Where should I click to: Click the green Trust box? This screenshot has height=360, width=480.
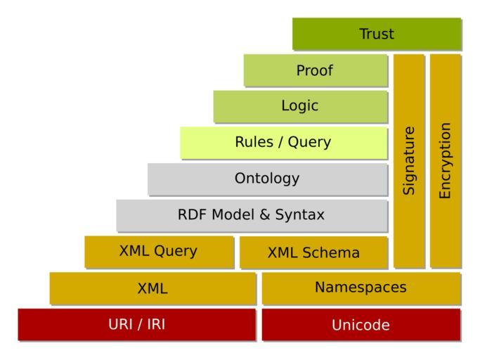377,34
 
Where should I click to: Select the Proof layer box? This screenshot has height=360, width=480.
316,70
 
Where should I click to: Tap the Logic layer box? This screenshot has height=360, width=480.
301,106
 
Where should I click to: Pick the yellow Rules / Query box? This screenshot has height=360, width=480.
283,143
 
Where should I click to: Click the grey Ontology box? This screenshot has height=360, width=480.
268,179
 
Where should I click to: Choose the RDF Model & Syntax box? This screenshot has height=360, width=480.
252,215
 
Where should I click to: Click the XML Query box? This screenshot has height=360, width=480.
159,252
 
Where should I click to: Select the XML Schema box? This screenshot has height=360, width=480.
313,252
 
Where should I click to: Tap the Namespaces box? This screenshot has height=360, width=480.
361,288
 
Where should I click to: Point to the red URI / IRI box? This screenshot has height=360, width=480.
136,324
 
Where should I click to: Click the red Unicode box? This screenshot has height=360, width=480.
361,325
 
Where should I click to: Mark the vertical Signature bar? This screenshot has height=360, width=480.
409,160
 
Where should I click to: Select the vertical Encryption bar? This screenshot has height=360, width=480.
445,160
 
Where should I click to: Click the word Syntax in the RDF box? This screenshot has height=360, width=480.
301,215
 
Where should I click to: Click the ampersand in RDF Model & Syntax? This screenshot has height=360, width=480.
264,215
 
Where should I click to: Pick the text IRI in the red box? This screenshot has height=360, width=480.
155,324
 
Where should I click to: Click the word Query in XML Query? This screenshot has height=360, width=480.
176,252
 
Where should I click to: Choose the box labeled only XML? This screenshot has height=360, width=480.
153,288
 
